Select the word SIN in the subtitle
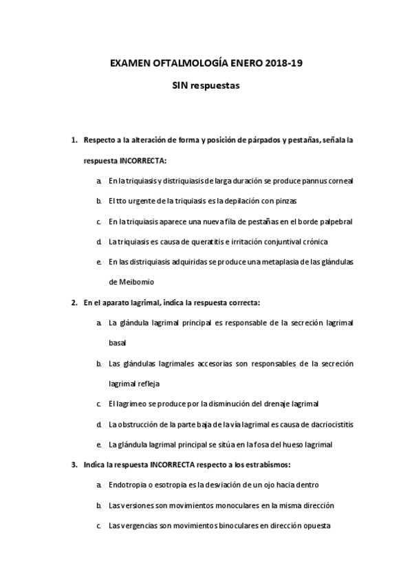point(180,86)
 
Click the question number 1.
point(74,140)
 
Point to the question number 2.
point(74,302)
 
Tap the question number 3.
point(74,464)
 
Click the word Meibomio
point(125,282)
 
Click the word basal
point(117,342)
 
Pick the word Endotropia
point(128,485)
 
